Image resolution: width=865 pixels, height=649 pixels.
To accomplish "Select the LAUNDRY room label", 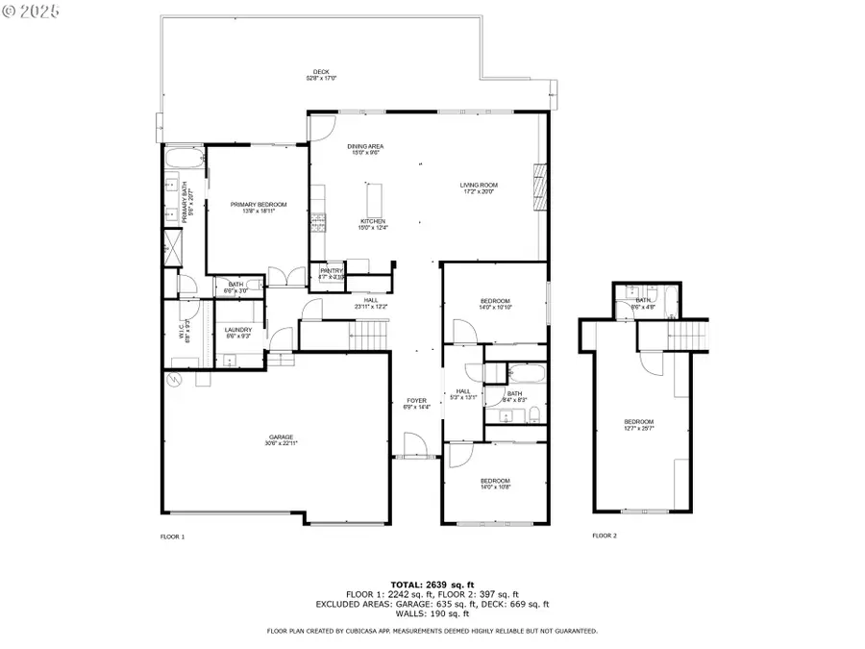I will (237, 332).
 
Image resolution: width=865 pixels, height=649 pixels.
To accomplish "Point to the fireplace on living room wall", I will (539, 184).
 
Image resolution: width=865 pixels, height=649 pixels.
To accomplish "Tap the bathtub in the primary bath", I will (182, 158).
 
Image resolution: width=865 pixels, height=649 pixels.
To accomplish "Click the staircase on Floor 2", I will (686, 337).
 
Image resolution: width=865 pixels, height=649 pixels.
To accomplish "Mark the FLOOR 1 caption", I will (172, 536).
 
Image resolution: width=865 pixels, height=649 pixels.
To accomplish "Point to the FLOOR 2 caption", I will (605, 536).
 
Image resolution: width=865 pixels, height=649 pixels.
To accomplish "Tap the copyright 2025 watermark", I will (32, 12).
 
